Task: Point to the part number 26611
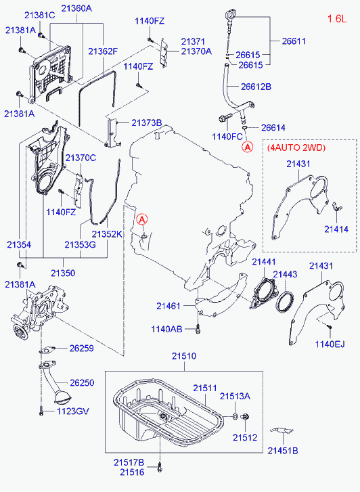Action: point(292,41)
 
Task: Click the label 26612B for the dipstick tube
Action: point(256,87)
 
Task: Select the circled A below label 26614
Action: point(248,146)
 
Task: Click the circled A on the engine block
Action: point(142,219)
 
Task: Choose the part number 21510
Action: point(183,356)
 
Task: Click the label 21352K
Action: point(107,234)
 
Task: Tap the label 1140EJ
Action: point(330,344)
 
